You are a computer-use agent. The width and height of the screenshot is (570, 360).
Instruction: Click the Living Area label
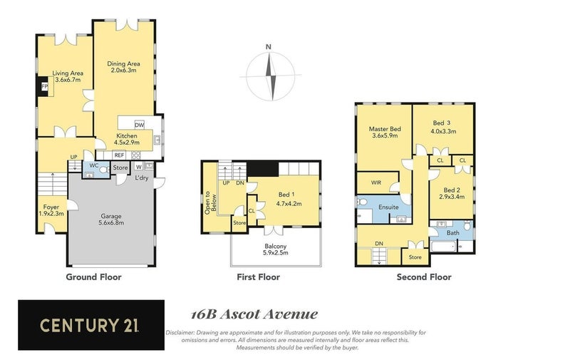68,76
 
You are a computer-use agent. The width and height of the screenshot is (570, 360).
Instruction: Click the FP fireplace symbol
44,87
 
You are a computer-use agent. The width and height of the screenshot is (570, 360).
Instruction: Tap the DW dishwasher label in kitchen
139,124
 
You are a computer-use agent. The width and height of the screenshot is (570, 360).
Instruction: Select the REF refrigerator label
119,155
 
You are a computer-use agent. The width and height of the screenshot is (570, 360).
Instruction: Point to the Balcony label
274,248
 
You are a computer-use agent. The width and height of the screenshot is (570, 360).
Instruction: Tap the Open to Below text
209,202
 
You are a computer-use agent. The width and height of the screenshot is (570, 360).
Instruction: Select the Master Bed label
385,132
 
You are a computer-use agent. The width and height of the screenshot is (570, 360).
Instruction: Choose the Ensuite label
388,207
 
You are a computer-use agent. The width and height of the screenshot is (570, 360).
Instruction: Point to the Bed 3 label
442,127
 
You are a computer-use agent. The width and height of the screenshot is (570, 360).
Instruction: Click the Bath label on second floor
453,232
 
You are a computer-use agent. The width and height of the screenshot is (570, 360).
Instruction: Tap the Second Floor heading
423,277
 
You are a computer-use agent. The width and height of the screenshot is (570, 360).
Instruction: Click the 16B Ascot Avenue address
254,314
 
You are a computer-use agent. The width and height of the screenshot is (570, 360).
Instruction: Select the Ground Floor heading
93,277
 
